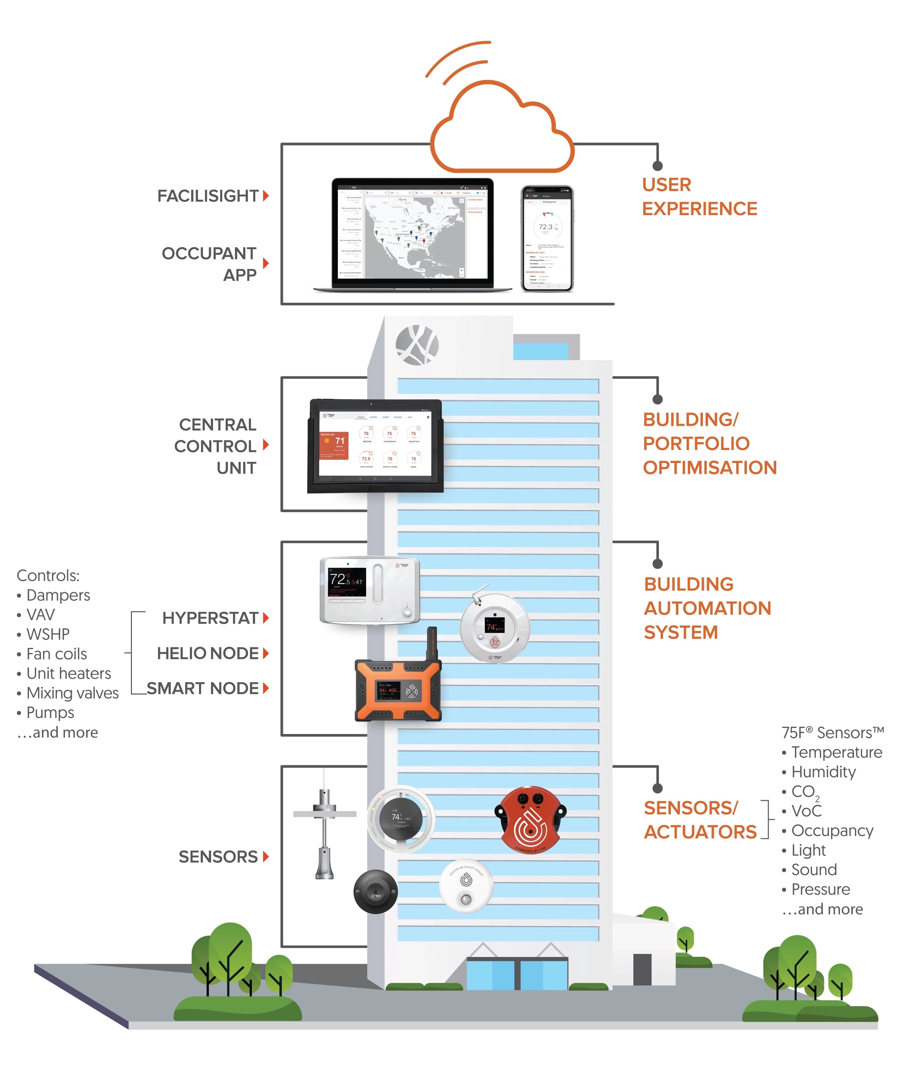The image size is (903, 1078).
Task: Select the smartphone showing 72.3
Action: (547, 239)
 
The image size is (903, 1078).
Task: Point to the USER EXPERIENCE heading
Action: (699, 197)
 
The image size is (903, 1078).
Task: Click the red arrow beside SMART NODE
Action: (266, 688)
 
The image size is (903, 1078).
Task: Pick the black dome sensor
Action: (375, 891)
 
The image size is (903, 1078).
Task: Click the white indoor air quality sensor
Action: (466, 885)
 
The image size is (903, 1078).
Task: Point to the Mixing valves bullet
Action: (72, 693)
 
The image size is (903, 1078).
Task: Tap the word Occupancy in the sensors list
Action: (832, 830)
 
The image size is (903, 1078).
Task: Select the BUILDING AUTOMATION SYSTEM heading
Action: (707, 608)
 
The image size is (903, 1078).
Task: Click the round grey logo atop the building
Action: (417, 345)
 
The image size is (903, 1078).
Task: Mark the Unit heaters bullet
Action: (68, 673)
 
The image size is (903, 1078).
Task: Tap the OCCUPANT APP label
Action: (209, 264)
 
